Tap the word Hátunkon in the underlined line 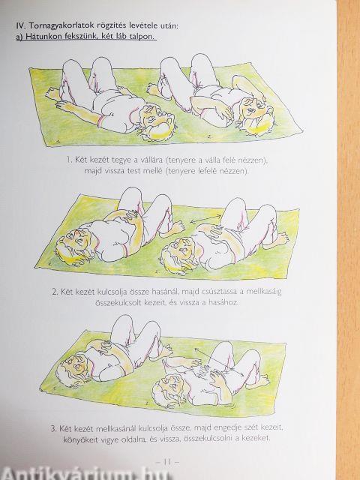(42, 37)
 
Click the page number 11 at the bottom (167, 462)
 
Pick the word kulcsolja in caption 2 (112, 292)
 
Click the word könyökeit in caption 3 (76, 439)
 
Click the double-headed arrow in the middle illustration (205, 218)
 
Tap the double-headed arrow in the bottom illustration (219, 361)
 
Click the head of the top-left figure (157, 121)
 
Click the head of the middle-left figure (73, 244)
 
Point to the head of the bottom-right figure (169, 388)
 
